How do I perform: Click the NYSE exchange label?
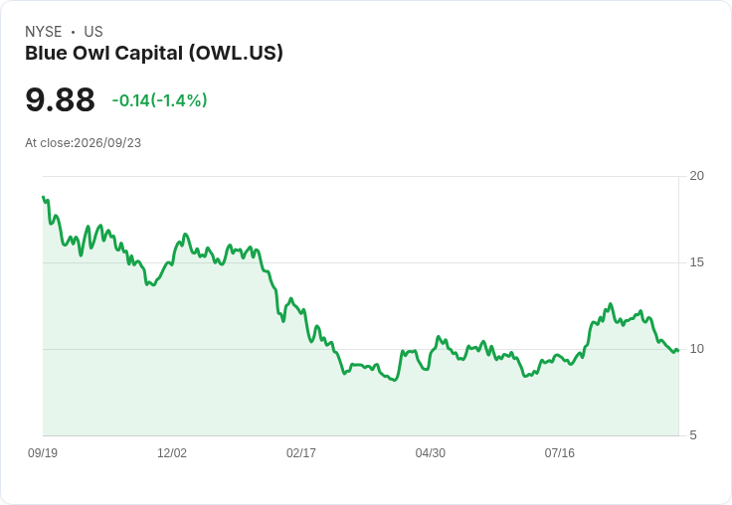coord(44,32)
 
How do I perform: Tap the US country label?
coord(93,32)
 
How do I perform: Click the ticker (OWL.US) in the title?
coord(236,53)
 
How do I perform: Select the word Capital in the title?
coord(149,54)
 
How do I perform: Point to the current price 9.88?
coord(61,99)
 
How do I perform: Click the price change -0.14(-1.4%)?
coord(160,100)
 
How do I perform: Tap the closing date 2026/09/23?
coord(107,143)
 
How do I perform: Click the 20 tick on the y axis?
coord(696,176)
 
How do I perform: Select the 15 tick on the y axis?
coord(696,262)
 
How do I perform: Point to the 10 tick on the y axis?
coord(696,349)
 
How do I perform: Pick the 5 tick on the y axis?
coord(693,435)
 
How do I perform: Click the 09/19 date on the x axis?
coord(43,452)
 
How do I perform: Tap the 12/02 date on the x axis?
coord(172,452)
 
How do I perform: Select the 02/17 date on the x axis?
coord(301,452)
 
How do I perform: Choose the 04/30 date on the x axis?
coord(431,452)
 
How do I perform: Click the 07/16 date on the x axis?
coord(559,452)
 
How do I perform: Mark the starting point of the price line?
coord(43,197)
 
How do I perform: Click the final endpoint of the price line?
coord(678,351)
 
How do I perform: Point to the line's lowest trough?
coord(395,380)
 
